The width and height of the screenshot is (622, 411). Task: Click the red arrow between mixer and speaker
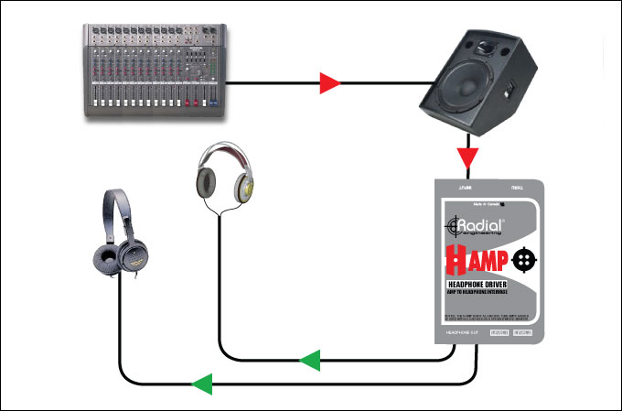pos(329,84)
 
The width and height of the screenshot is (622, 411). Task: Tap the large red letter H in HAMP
pos(456,262)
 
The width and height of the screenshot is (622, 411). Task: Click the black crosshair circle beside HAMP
pos(522,260)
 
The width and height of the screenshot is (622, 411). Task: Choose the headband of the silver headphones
pos(223,150)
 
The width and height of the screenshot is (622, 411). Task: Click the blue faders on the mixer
pos(137,97)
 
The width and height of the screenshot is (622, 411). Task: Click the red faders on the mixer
pos(188,95)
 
